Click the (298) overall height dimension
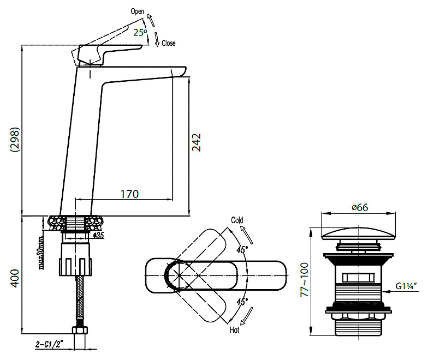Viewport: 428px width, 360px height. click(15, 140)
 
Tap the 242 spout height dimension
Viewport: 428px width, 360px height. click(197, 142)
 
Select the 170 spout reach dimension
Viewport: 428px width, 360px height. click(130, 194)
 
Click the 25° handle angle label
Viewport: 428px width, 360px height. click(140, 32)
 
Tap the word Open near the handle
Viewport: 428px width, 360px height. click(138, 11)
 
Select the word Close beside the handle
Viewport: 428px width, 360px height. click(168, 43)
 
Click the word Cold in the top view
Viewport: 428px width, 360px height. click(237, 220)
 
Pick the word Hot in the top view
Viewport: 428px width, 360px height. click(235, 330)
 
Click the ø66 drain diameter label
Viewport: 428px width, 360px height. click(360, 207)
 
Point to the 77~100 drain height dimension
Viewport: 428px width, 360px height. click(304, 279)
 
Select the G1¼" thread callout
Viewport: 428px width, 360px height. click(406, 286)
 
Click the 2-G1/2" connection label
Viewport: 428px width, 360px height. click(49, 345)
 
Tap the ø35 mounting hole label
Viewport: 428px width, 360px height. click(98, 236)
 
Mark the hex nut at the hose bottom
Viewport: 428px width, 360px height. click(80, 330)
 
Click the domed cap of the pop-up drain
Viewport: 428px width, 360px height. click(358, 233)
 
